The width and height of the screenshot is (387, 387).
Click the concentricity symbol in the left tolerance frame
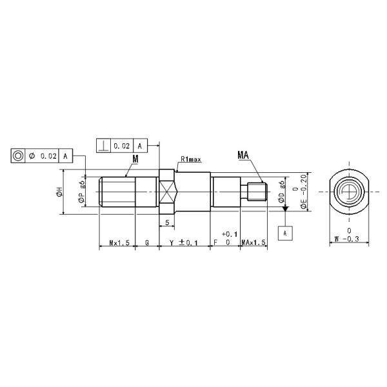pyautogui.click(x=19, y=156)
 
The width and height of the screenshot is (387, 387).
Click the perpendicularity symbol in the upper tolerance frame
pyautogui.click(x=103, y=146)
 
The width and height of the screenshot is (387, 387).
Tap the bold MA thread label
pyautogui.click(x=244, y=155)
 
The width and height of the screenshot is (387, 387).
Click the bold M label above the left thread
pyautogui.click(x=135, y=159)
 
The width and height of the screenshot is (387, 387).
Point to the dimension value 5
pyautogui.click(x=167, y=223)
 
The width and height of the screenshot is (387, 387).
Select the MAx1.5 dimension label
pyautogui.click(x=253, y=243)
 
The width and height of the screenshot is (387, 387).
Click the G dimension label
pyautogui.click(x=147, y=243)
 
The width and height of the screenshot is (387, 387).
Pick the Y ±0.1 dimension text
pyautogui.click(x=183, y=243)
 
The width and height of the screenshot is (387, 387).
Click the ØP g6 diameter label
pyautogui.click(x=83, y=192)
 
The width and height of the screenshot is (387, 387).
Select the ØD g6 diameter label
pyautogui.click(x=282, y=192)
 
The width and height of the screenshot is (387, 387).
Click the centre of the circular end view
pyautogui.click(x=348, y=192)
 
